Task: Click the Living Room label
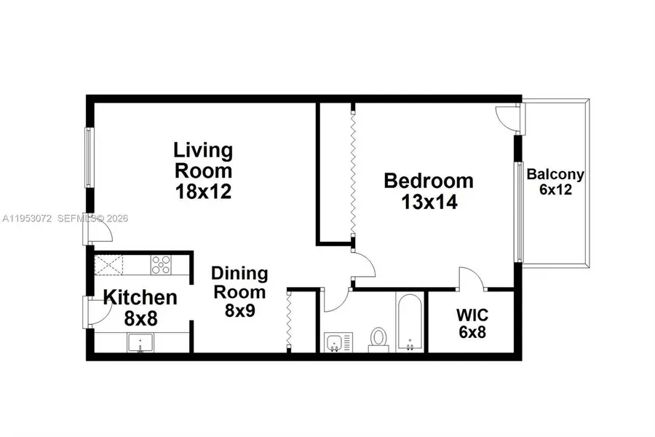(203, 161)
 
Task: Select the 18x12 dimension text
(203, 192)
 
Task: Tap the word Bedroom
(429, 181)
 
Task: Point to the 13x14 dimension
(429, 202)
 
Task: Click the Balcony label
(555, 175)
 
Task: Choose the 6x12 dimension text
(555, 189)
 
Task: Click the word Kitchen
(140, 297)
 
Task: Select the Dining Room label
(239, 283)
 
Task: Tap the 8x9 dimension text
(239, 308)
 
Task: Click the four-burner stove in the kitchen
(161, 264)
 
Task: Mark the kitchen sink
(140, 342)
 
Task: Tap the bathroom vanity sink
(337, 342)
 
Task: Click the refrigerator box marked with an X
(111, 264)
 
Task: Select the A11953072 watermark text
(27, 218)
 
